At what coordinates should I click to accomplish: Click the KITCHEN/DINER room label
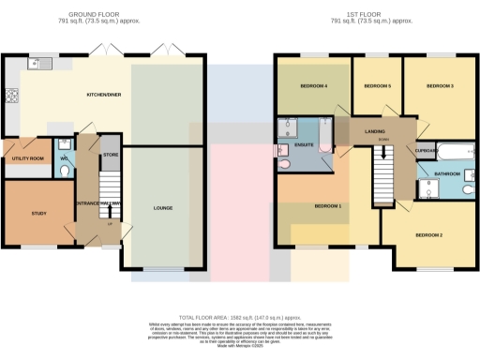click(104, 95)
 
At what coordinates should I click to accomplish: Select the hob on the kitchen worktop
click(12, 95)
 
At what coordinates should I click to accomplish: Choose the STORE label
click(110, 154)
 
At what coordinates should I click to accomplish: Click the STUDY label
click(38, 214)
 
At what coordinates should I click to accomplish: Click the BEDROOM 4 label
click(313, 86)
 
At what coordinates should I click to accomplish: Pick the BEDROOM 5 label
click(377, 86)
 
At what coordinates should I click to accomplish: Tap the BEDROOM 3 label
click(440, 86)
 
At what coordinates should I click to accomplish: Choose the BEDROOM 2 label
click(427, 234)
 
